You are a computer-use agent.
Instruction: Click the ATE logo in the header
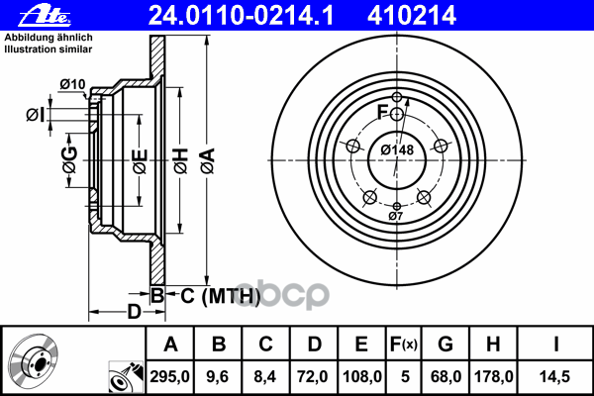click(45, 16)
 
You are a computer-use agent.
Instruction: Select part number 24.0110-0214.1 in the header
click(241, 16)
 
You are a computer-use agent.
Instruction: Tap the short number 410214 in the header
click(412, 16)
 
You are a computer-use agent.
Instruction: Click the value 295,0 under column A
click(169, 376)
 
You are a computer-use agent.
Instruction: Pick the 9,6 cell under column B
click(218, 376)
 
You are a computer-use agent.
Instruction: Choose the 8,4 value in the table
click(265, 376)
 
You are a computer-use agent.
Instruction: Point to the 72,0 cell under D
click(313, 376)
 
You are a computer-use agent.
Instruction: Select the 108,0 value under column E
click(361, 376)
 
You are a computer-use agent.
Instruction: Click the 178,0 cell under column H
click(494, 376)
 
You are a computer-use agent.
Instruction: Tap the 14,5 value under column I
click(555, 376)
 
